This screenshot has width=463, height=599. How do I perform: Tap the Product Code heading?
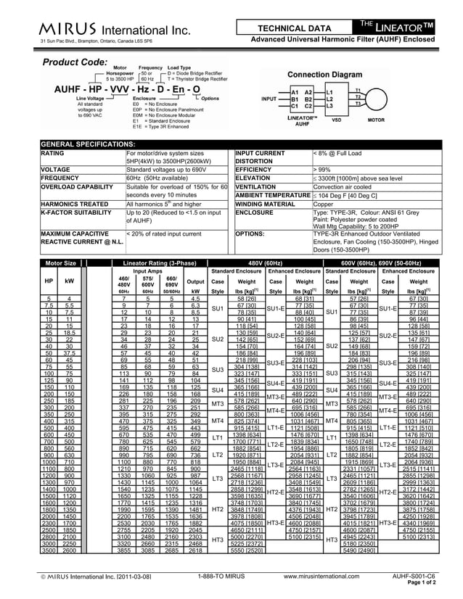(x=75, y=62)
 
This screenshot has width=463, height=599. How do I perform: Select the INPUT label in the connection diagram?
(x=269, y=99)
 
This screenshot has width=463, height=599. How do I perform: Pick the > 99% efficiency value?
(x=322, y=168)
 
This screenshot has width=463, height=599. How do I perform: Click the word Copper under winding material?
(x=324, y=205)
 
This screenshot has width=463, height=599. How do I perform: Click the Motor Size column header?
(x=61, y=262)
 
